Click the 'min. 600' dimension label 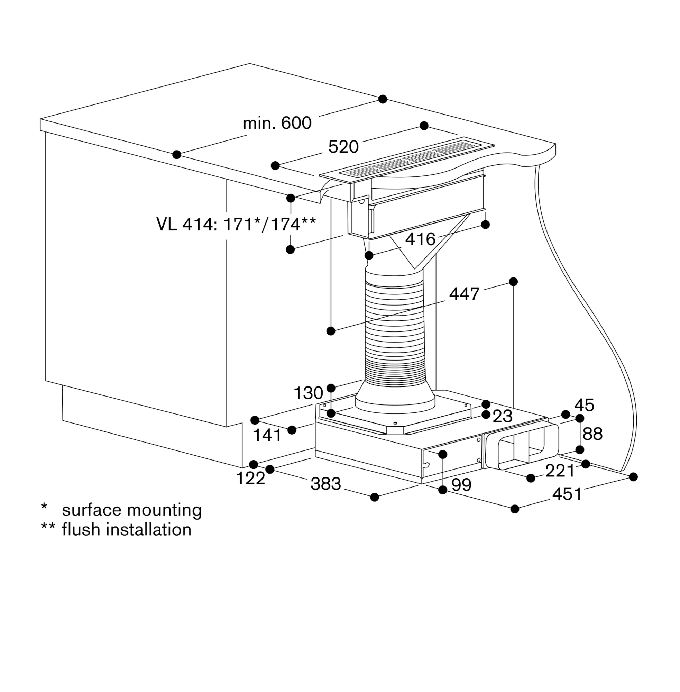[x=277, y=123]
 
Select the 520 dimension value [x=343, y=147]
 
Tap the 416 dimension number [x=420, y=239]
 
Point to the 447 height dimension [x=464, y=294]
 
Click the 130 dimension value [x=308, y=393]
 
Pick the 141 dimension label [x=267, y=435]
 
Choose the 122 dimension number [x=250, y=478]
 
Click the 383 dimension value [x=326, y=484]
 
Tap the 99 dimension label [x=461, y=485]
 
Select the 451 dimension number [x=567, y=494]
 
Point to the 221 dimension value [x=560, y=471]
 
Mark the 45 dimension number [x=584, y=405]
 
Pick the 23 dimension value [x=503, y=416]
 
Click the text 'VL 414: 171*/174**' [x=236, y=224]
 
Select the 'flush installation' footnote [x=127, y=529]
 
